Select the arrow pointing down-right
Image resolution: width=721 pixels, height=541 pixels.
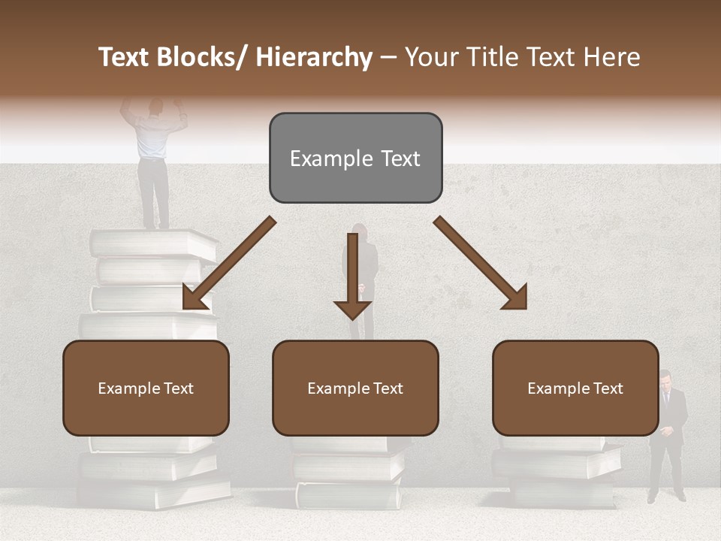click(481, 263)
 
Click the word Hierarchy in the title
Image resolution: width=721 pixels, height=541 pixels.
click(314, 57)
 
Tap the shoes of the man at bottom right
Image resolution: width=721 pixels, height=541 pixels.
click(666, 497)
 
